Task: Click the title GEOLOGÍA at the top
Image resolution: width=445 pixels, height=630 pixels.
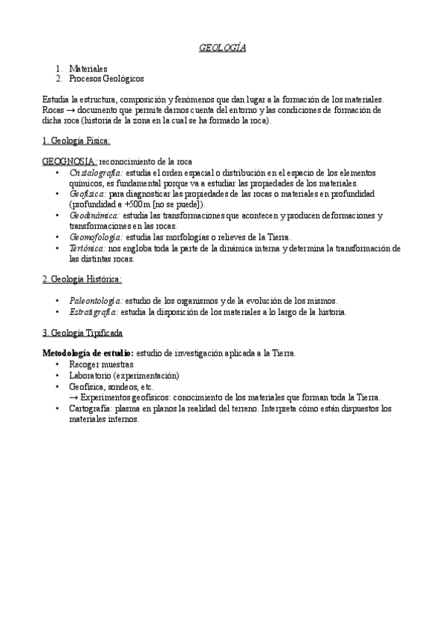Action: [222, 48]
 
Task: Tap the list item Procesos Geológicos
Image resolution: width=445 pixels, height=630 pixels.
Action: [106, 78]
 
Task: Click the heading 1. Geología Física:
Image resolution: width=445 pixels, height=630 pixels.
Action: [77, 140]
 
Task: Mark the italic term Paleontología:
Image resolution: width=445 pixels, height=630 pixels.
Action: [95, 300]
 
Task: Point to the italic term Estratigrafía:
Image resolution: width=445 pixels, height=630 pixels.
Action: [94, 312]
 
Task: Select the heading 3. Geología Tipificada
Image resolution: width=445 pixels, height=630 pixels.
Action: [82, 333]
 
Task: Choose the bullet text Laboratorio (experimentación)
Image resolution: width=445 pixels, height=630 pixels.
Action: [124, 376]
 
